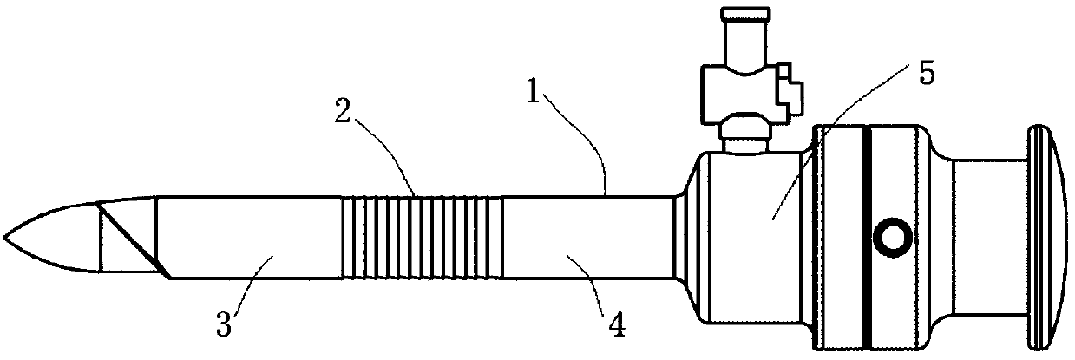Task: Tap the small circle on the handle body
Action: (x=892, y=235)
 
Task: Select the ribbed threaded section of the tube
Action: (x=422, y=237)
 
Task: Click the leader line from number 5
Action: (x=833, y=147)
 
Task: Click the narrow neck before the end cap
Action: (x=989, y=236)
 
